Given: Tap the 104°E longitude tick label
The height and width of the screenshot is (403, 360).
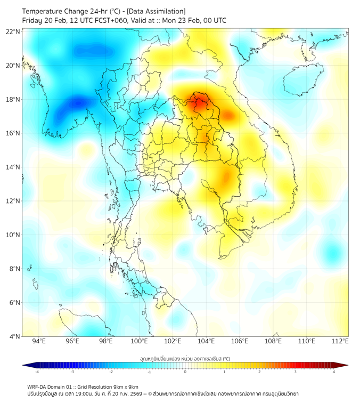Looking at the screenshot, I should pos(206,341).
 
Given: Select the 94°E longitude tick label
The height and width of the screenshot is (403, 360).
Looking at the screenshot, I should pos(39,341).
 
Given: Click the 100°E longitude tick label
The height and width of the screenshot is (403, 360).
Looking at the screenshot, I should pos(139,341).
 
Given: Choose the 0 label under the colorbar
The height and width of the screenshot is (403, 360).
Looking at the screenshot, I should pos(185,372).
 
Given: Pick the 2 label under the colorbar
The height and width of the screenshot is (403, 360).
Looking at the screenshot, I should pos(259,372).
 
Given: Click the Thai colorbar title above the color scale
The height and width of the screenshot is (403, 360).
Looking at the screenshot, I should pos(185,358).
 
